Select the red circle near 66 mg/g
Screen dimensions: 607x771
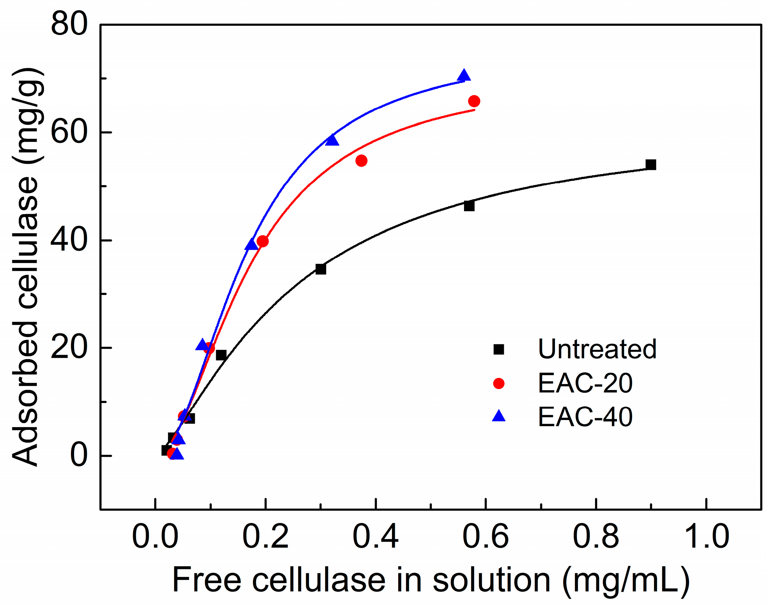474,101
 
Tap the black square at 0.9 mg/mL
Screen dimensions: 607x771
651,165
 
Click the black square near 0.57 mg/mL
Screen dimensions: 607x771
469,206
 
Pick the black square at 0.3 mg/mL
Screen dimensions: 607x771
321,269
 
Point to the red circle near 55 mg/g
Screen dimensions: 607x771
361,161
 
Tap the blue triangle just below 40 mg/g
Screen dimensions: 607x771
251,245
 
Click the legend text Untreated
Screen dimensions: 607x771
597,349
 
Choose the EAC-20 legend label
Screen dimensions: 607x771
585,383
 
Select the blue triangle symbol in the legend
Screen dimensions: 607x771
499,416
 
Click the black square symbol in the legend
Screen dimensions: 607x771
499,349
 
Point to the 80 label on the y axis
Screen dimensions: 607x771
69,24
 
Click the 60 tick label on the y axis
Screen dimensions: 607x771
69,132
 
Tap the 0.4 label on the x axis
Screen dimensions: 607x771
375,537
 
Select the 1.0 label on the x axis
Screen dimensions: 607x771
706,537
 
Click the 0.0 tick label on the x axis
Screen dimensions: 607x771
155,537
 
